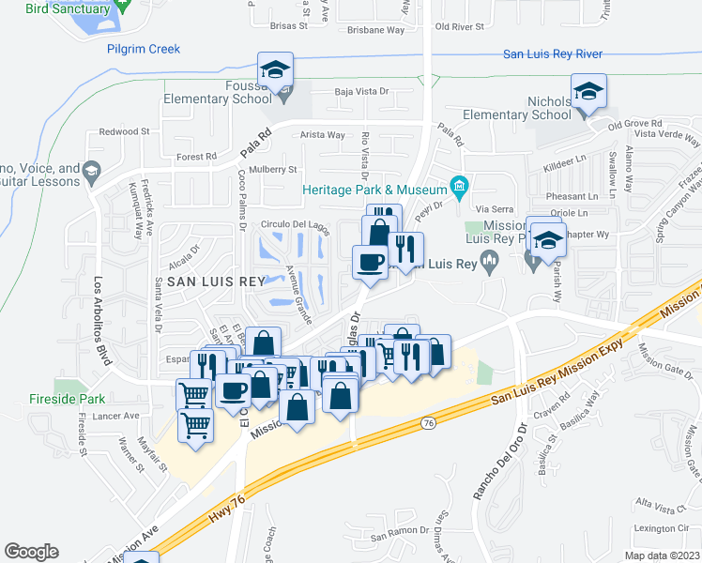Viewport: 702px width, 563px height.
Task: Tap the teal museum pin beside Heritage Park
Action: (x=459, y=187)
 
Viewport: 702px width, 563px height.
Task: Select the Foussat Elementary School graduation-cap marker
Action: (x=276, y=69)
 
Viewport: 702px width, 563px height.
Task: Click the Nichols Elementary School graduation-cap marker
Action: (x=588, y=91)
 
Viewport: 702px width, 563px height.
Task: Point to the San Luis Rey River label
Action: (x=552, y=54)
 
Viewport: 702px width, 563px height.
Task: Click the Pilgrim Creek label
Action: (x=143, y=49)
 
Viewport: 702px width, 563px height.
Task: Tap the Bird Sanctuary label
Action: (x=68, y=8)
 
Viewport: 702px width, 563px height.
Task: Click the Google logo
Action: (x=32, y=552)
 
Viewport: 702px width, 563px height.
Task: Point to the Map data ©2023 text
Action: (x=662, y=555)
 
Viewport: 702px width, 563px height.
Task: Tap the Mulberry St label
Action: (x=273, y=170)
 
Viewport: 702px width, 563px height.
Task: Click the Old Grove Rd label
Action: (x=635, y=124)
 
